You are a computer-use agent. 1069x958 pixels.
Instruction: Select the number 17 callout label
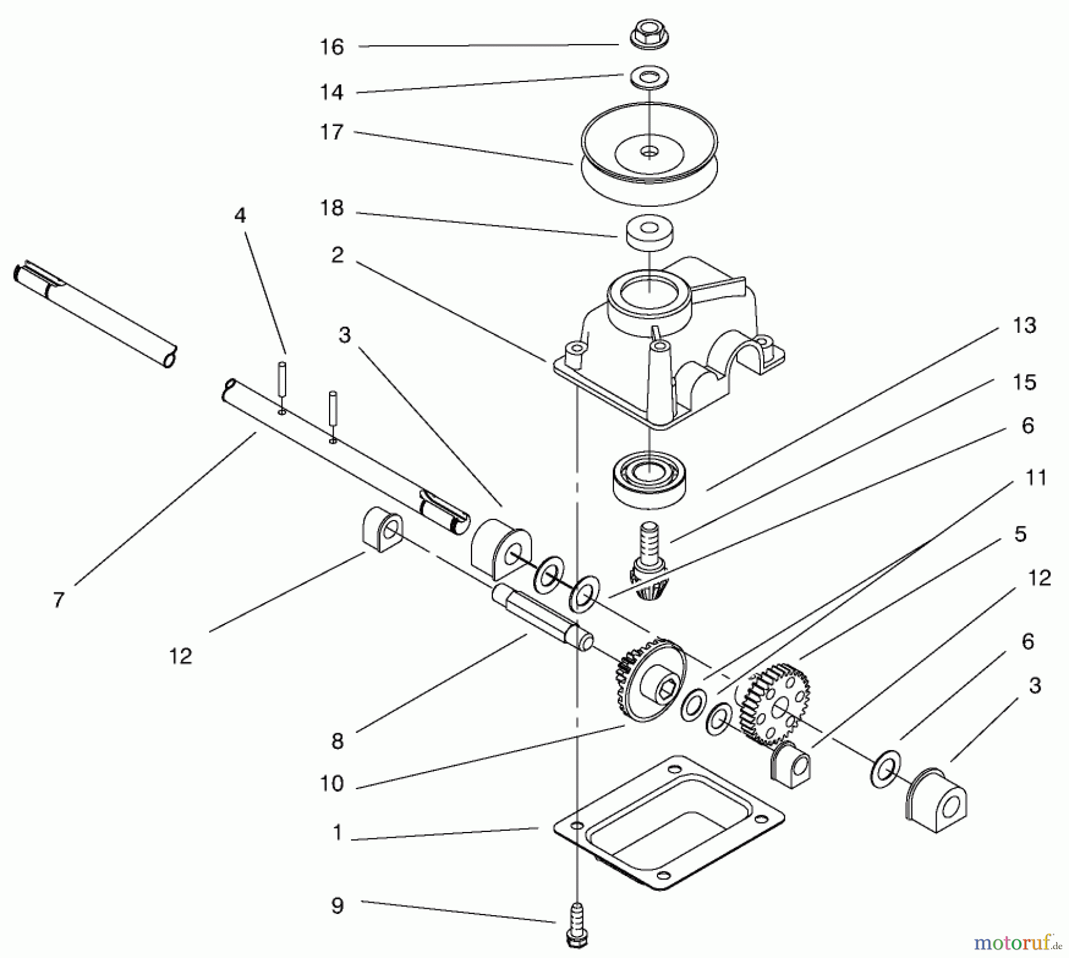point(331,133)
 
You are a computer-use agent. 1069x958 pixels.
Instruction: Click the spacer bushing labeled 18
point(650,232)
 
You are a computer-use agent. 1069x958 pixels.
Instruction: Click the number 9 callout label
point(337,906)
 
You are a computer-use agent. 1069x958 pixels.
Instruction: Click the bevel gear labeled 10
point(650,680)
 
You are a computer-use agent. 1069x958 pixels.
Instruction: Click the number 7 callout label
point(58,600)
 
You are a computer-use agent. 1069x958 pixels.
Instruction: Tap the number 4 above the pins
point(240,215)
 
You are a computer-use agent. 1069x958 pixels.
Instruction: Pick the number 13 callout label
point(1024,325)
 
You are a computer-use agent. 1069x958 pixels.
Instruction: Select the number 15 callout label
point(1024,382)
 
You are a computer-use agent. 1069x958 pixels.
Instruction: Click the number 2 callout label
point(337,256)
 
